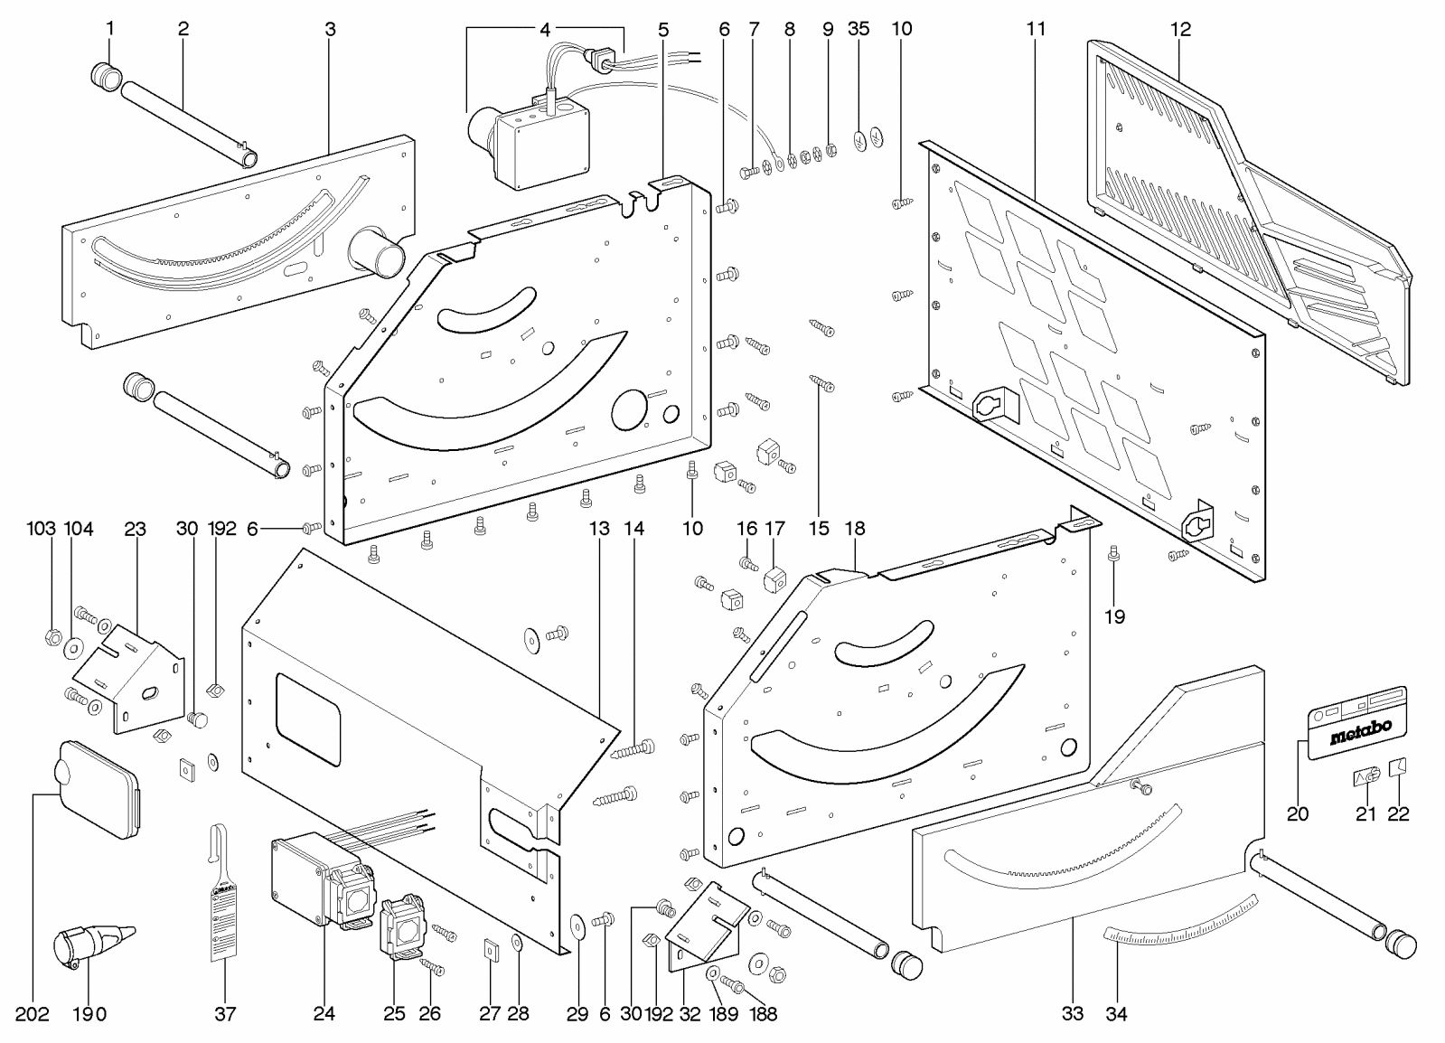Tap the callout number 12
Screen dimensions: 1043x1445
point(1180,29)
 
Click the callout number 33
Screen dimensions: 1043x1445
point(1072,1013)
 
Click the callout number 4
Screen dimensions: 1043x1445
point(545,29)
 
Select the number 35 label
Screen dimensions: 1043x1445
point(859,29)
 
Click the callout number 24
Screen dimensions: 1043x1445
point(324,1013)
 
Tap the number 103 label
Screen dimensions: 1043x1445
point(41,529)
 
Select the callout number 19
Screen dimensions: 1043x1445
point(1114,616)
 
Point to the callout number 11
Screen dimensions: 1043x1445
point(1036,29)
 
